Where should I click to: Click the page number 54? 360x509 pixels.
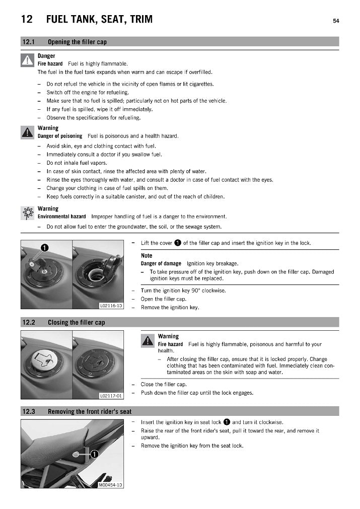coord(335,21)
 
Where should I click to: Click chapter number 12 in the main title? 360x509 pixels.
coord(27,20)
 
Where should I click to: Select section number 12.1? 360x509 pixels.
coord(28,42)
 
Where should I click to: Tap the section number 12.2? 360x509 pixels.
coord(28,322)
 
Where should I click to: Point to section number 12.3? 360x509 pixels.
coord(28,412)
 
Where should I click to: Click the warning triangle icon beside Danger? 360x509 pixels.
coord(27,60)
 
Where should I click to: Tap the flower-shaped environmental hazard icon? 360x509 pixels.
coord(27,213)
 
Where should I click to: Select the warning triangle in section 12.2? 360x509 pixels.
coord(148,341)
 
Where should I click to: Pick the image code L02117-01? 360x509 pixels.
coord(111,396)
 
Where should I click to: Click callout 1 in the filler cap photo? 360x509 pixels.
coord(44,247)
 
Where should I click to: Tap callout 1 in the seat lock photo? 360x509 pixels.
coord(94,454)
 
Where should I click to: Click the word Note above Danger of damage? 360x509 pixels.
coord(147,256)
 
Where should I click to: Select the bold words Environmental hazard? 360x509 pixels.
coord(61,216)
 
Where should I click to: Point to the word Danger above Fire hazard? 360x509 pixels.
coord(46,56)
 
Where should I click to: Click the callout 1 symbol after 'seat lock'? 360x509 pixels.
coord(227,422)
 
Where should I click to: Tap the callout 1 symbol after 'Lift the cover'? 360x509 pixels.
coord(178,243)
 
